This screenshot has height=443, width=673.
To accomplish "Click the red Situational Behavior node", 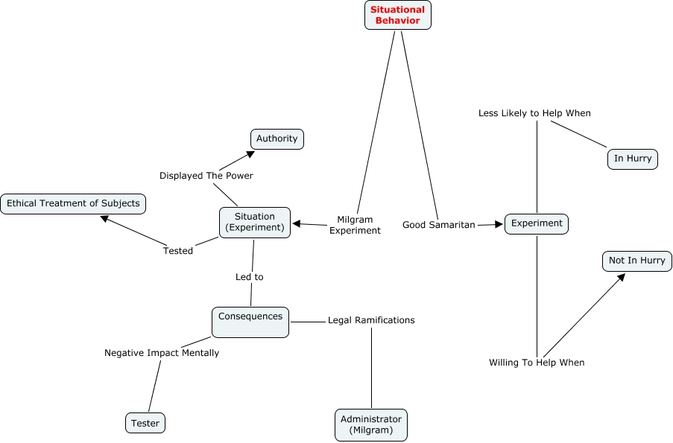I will point(397,15).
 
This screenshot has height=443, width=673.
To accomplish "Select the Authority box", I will point(277,139).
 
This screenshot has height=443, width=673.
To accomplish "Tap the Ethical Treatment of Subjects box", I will point(73,203).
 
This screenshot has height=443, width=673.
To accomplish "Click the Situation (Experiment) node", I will point(255,222).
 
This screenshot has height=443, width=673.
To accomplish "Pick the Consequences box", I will point(250,322).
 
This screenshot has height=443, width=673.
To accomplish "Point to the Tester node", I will point(145,423).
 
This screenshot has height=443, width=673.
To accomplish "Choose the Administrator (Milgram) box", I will point(371,424).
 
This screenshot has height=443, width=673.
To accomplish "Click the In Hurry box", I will point(633,159).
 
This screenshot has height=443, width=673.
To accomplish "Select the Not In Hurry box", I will point(637,261).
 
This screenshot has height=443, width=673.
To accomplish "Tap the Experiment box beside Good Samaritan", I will point(537,223).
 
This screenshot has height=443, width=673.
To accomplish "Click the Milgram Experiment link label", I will point(355,225).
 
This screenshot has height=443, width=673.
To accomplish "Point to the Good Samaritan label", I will point(438,225).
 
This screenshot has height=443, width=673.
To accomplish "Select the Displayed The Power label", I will point(206,176).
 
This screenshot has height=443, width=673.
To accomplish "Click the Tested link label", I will point(178,251).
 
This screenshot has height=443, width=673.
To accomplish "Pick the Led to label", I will point(250,277).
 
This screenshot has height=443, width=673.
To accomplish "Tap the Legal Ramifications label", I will point(371,320).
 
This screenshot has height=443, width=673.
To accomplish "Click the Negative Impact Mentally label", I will point(162,353).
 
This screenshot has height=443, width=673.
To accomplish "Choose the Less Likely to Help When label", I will point(534,113).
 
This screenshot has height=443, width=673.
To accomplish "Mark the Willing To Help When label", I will point(537,363).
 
